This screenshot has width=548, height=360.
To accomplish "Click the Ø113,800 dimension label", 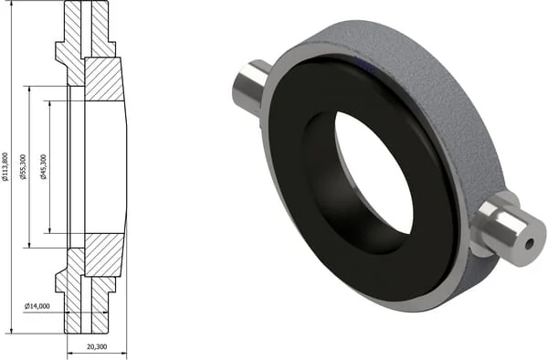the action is click(5, 167).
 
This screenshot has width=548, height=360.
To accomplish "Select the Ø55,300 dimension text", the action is click(24, 166).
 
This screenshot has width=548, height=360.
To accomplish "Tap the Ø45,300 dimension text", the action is click(44, 166).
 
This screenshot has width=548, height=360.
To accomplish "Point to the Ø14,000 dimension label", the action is click(37, 306).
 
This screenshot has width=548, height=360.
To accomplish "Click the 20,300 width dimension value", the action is click(97, 346).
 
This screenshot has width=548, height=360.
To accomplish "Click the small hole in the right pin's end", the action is click(530, 245).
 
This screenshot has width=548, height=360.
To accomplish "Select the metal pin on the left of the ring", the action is click(250, 89).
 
